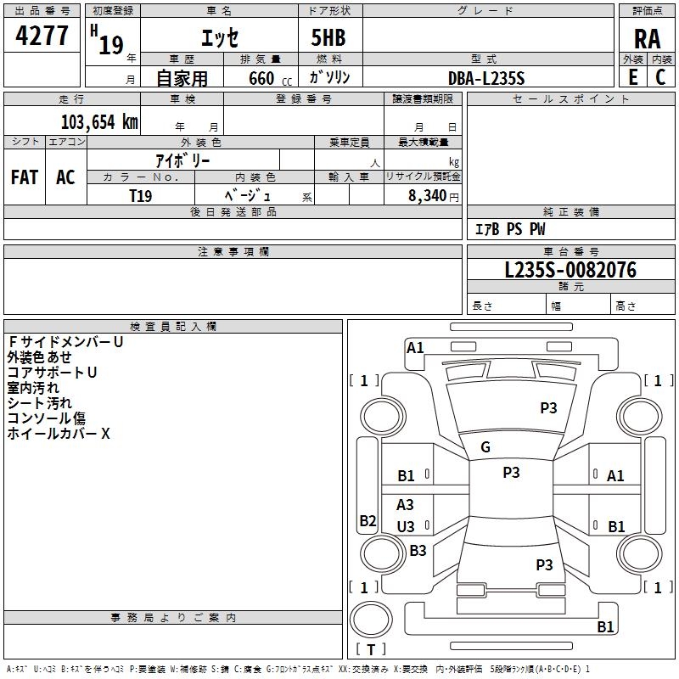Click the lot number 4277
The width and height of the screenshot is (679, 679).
tap(42, 36)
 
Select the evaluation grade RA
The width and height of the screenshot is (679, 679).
tap(647, 39)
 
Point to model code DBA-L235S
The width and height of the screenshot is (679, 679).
tap(486, 77)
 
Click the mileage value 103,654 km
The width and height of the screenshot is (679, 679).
tap(99, 121)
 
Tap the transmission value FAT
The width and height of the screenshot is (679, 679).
tap(25, 177)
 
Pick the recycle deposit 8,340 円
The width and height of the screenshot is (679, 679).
tap(428, 195)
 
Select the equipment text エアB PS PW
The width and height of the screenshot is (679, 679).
tap(510, 229)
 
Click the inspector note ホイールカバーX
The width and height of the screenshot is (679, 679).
tap(59, 434)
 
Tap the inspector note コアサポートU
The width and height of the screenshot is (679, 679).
tap(52, 373)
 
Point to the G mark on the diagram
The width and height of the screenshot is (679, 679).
tap(485, 447)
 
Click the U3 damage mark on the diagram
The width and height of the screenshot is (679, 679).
tap(406, 527)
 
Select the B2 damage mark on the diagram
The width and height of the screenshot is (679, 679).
tap(368, 521)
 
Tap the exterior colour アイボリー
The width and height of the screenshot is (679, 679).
tap(182, 160)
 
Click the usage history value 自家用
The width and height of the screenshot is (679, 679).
tap(182, 78)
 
